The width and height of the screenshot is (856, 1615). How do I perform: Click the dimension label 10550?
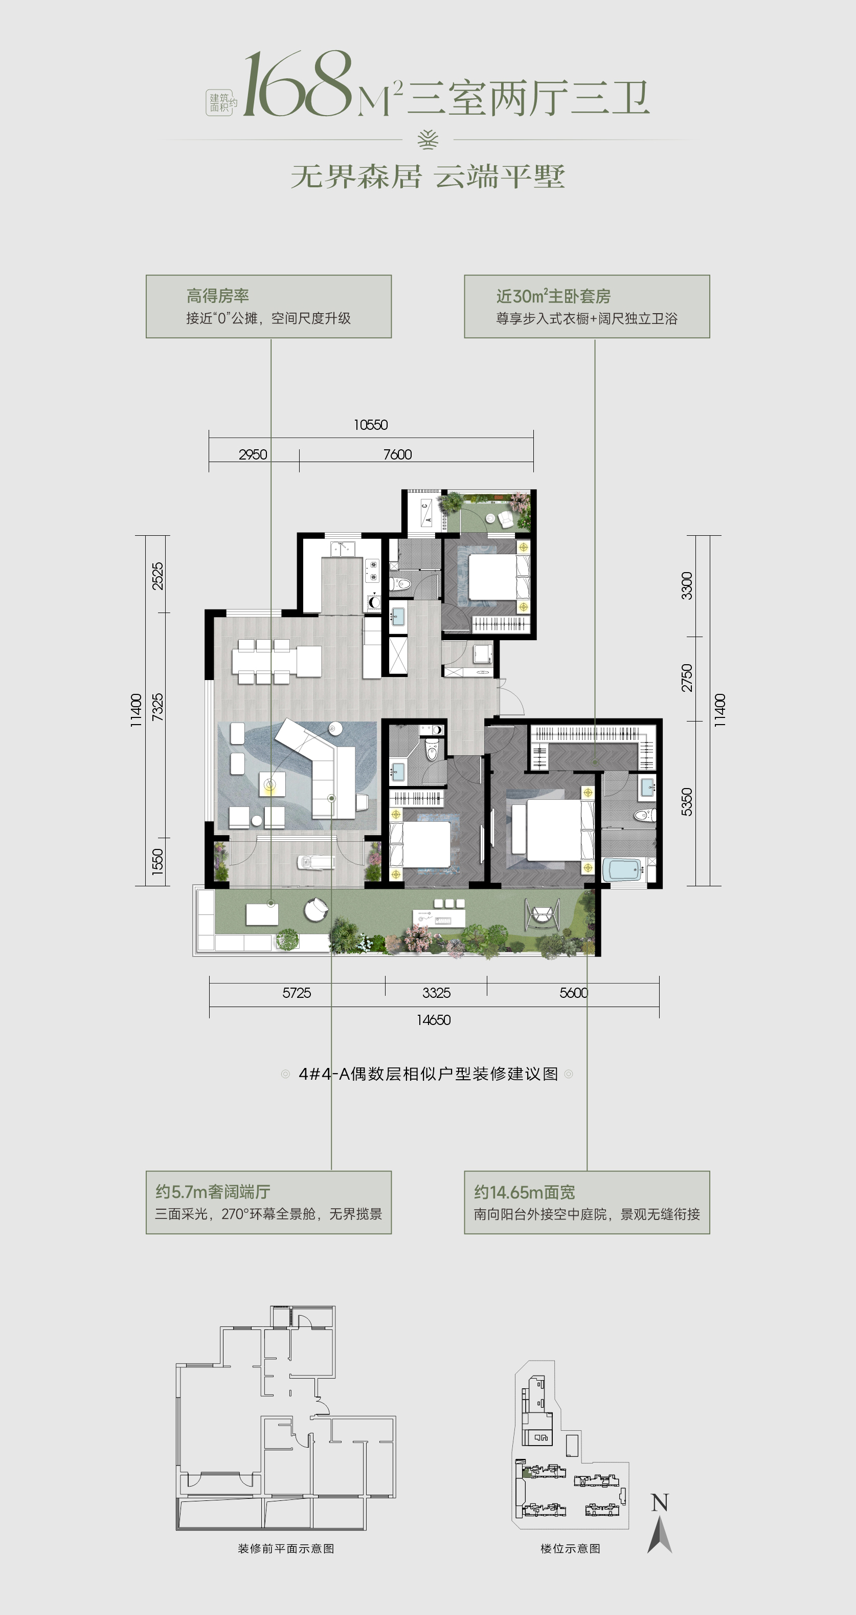370,425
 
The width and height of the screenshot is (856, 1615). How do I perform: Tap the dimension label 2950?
253,454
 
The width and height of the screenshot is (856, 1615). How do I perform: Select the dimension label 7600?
397,454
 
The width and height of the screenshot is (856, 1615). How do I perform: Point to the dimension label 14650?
433,1020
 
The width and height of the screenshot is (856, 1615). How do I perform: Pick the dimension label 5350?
687,802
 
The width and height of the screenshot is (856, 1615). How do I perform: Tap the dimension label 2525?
157,576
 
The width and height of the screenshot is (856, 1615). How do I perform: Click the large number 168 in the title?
298,86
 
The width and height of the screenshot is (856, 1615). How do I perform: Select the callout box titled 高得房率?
269,307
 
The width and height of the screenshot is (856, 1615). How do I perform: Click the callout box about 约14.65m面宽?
587,1203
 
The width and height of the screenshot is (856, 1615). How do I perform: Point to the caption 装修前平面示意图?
286,1548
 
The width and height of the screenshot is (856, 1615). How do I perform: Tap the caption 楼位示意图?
570,1548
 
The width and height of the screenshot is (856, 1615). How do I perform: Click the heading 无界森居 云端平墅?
428,177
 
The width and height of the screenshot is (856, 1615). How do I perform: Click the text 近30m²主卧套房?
553,296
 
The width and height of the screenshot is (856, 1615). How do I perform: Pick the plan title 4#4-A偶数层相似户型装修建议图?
428,1074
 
